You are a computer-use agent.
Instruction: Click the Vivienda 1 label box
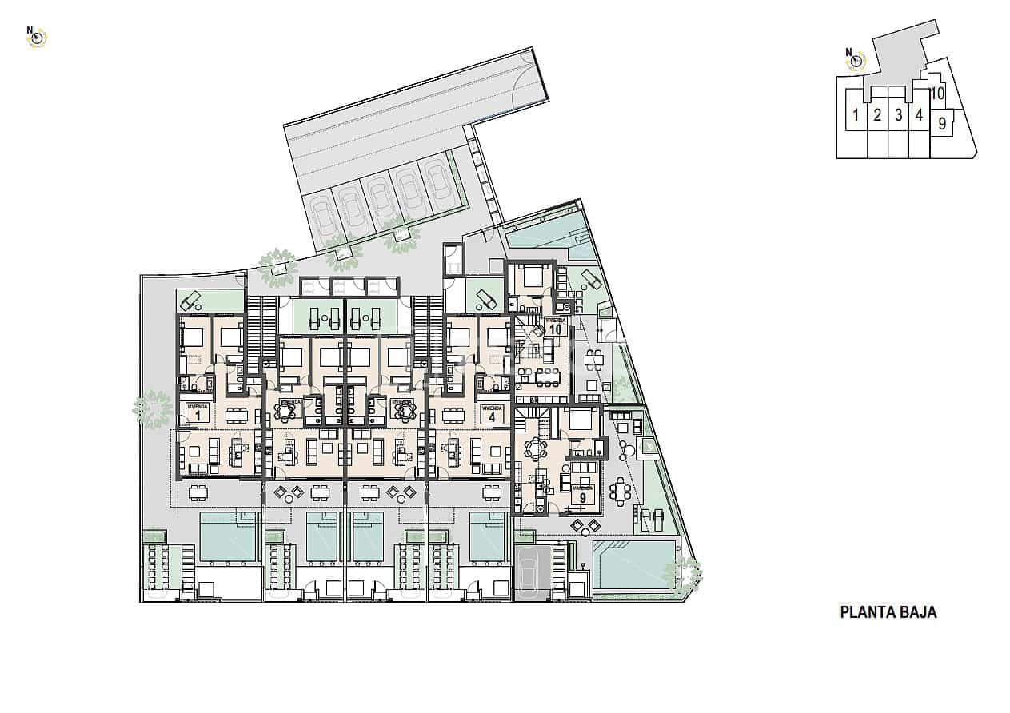(x=197, y=412)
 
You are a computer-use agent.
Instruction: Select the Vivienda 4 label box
(x=493, y=412)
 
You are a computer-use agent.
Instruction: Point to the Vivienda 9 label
(x=582, y=492)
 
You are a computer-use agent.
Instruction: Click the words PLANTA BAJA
(x=888, y=613)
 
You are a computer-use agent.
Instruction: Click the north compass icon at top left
(x=37, y=36)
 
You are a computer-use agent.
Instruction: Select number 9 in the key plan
(x=942, y=123)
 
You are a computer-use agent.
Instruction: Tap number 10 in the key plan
(x=938, y=94)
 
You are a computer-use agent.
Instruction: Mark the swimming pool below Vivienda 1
(x=227, y=536)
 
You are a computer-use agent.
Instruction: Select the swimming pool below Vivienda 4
(x=487, y=536)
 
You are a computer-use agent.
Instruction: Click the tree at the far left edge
(x=153, y=410)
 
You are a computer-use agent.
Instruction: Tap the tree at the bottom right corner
(x=686, y=573)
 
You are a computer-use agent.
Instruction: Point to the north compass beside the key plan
(x=856, y=59)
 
